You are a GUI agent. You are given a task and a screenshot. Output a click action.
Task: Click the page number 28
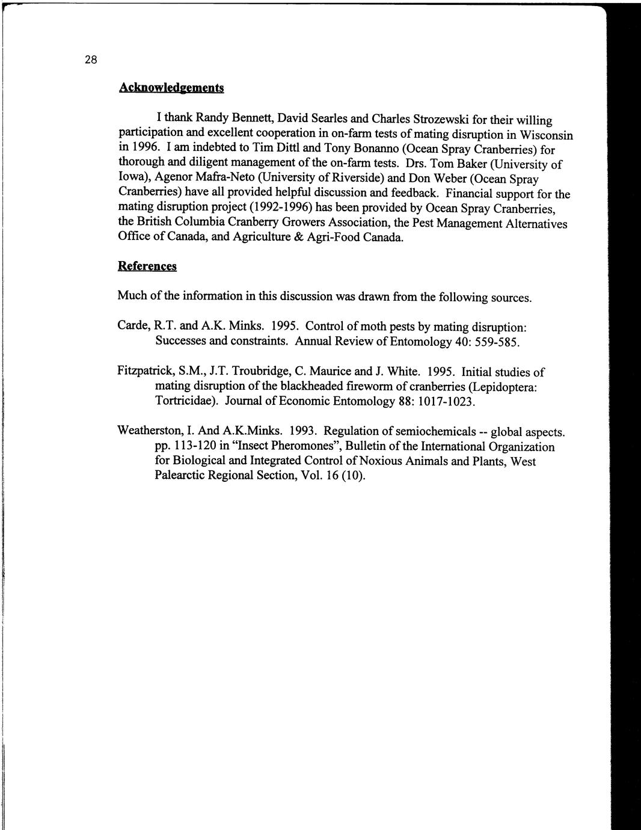[x=90, y=60]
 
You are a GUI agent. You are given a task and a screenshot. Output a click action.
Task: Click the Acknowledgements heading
[x=171, y=87]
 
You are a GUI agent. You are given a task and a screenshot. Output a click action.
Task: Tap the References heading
[x=147, y=266]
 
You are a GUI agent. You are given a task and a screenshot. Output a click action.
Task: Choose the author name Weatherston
[x=150, y=431]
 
